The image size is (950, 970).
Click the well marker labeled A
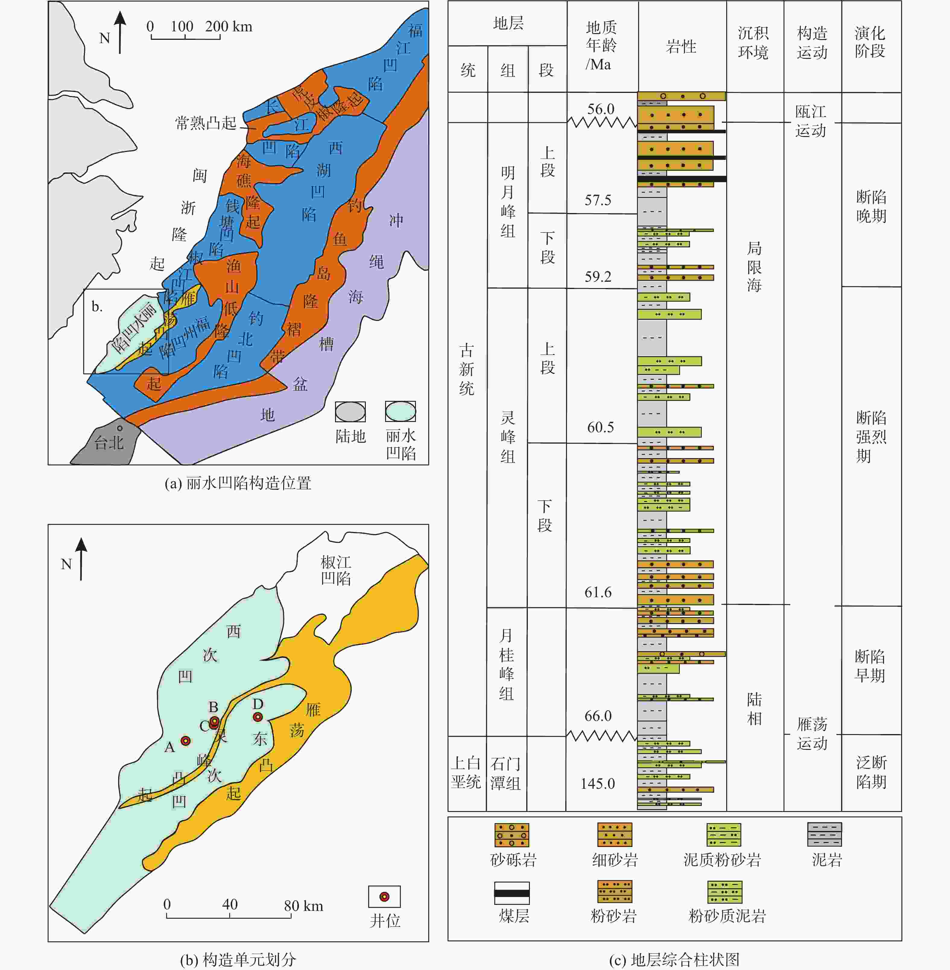click(185, 741)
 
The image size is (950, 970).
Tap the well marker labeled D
click(258, 717)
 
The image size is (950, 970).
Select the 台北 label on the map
click(109, 442)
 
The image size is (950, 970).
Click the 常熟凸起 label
click(206, 123)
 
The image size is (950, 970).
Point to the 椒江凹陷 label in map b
click(336, 570)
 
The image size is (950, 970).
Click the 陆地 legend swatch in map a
click(350, 412)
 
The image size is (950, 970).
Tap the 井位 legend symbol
click(384, 897)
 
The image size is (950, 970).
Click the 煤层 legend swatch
click(512, 893)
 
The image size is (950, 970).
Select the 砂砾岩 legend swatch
click(511, 835)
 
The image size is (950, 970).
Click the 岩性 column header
click(681, 46)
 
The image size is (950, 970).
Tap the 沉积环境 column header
click(753, 43)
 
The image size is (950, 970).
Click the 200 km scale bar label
click(229, 27)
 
